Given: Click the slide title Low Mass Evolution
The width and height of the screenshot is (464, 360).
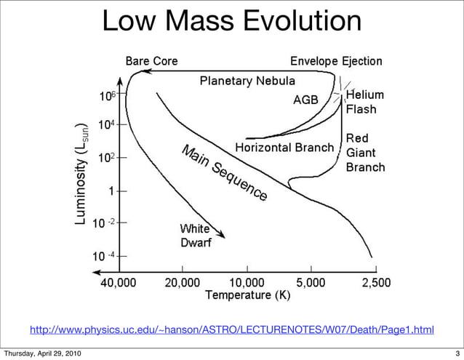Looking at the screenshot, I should click(x=231, y=22).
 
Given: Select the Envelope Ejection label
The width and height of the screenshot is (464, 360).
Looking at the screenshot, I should click(x=336, y=61).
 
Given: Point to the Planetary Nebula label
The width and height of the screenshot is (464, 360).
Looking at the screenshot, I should click(x=247, y=80).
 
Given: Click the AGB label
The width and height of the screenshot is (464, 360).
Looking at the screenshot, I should click(x=305, y=100).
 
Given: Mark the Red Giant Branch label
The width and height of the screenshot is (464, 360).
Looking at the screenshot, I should click(x=365, y=152).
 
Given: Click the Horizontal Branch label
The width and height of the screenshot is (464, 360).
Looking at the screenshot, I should click(x=284, y=148).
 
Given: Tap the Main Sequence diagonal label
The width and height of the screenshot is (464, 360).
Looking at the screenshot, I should click(x=224, y=173).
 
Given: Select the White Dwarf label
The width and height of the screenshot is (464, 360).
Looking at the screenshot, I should click(x=196, y=235).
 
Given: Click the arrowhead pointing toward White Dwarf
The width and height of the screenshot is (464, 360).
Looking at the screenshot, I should click(x=221, y=234).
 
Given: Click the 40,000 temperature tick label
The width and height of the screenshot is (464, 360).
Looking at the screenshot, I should click(x=119, y=282).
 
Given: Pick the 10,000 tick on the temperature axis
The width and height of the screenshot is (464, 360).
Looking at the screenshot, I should click(x=247, y=282).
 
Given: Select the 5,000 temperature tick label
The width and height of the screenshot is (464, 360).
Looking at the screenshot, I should click(x=311, y=282).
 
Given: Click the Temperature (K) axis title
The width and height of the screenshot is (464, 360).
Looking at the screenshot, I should click(x=248, y=295).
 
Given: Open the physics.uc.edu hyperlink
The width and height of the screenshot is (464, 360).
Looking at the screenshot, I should click(x=231, y=331).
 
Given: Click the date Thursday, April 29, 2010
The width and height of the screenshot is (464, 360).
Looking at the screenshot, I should click(x=42, y=354).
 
